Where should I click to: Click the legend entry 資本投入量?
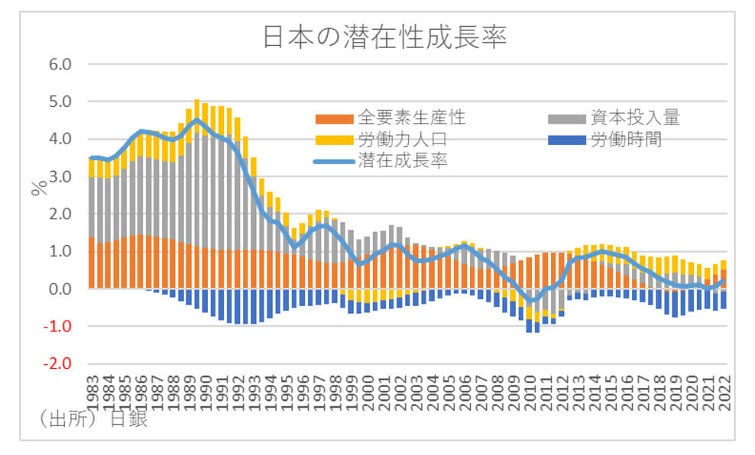[635, 118]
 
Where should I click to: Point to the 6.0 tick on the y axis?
[60, 64]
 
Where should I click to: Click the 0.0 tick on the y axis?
[60, 289]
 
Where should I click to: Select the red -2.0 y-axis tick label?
[57, 364]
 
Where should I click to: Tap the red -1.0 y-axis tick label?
[57, 327]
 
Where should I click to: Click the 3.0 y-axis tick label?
[60, 176]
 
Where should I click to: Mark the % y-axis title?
[37, 189]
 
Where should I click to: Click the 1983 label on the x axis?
[92, 391]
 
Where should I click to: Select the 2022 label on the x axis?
[723, 391]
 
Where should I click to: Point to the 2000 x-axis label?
[367, 391]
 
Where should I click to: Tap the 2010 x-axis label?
[529, 391]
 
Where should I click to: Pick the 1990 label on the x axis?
[205, 391]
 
